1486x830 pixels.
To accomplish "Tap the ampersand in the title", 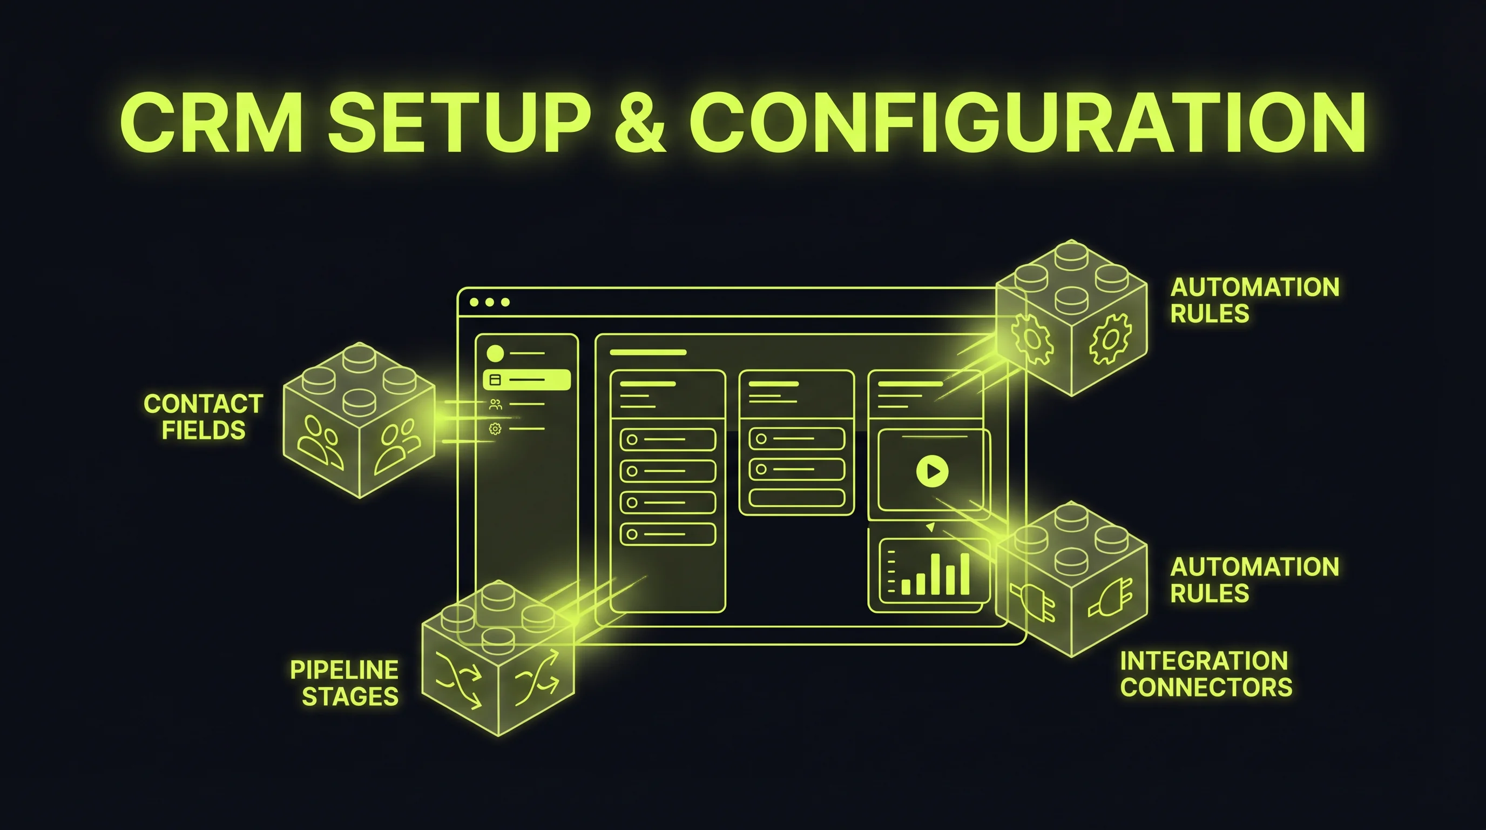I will click(640, 124).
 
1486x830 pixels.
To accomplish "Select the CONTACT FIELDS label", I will click(203, 417).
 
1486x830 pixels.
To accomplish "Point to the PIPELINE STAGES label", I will click(345, 684).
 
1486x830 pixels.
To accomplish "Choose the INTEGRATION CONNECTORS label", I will click(1206, 674).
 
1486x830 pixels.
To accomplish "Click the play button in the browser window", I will click(931, 471).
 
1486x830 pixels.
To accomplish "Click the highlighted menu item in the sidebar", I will click(526, 380).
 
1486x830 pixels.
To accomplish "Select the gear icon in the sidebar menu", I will click(495, 429).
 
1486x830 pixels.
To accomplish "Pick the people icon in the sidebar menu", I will click(495, 405).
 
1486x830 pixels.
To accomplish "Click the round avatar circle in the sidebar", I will click(495, 353).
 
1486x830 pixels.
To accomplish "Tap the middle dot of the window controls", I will click(490, 303).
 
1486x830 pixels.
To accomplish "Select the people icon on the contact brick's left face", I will click(320, 442).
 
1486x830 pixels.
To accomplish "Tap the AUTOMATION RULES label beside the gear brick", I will click(1254, 300).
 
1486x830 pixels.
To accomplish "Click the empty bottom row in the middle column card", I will click(796, 498).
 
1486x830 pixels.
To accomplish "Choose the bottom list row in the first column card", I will click(667, 534).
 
